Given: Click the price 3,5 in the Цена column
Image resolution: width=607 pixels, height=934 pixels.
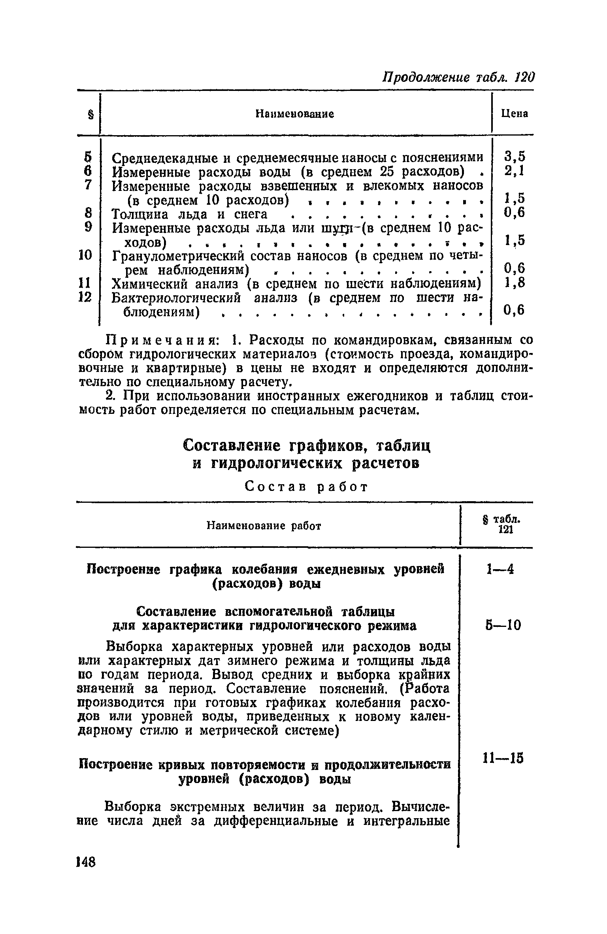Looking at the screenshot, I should point(515,157).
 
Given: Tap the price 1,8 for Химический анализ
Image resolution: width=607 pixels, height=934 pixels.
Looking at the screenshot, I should point(515,283).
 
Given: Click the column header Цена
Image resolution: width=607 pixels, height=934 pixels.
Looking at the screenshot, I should point(515,114).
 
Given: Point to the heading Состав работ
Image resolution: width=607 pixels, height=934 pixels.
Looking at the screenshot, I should point(306,487).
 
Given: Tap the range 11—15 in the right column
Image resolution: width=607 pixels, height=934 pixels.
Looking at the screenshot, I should point(503,758).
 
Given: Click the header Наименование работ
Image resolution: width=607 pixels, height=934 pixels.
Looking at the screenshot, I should point(264,526).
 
